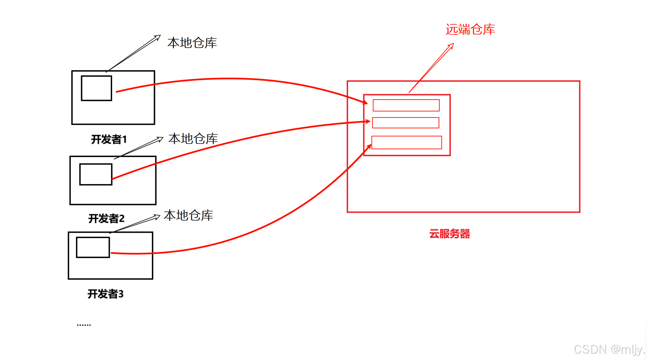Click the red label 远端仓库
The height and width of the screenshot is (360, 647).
470,30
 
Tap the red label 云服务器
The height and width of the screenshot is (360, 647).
449,234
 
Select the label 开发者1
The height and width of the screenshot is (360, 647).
109,139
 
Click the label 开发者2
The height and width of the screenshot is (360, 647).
106,218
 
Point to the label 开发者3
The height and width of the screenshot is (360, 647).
105,294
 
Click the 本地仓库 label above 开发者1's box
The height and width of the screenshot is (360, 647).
192,43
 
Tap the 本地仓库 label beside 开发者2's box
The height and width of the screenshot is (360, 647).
193,139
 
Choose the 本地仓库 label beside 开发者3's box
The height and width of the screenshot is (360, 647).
188,215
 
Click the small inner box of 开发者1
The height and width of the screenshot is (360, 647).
96,88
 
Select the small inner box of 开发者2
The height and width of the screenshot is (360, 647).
96,174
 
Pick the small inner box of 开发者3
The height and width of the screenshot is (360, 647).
93,247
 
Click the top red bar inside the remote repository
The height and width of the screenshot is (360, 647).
406,105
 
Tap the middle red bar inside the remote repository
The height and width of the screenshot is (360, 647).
406,123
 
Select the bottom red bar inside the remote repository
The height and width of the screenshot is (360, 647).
407,143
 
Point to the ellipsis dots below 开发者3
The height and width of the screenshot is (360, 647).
84,325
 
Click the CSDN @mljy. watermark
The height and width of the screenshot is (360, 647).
609,350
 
